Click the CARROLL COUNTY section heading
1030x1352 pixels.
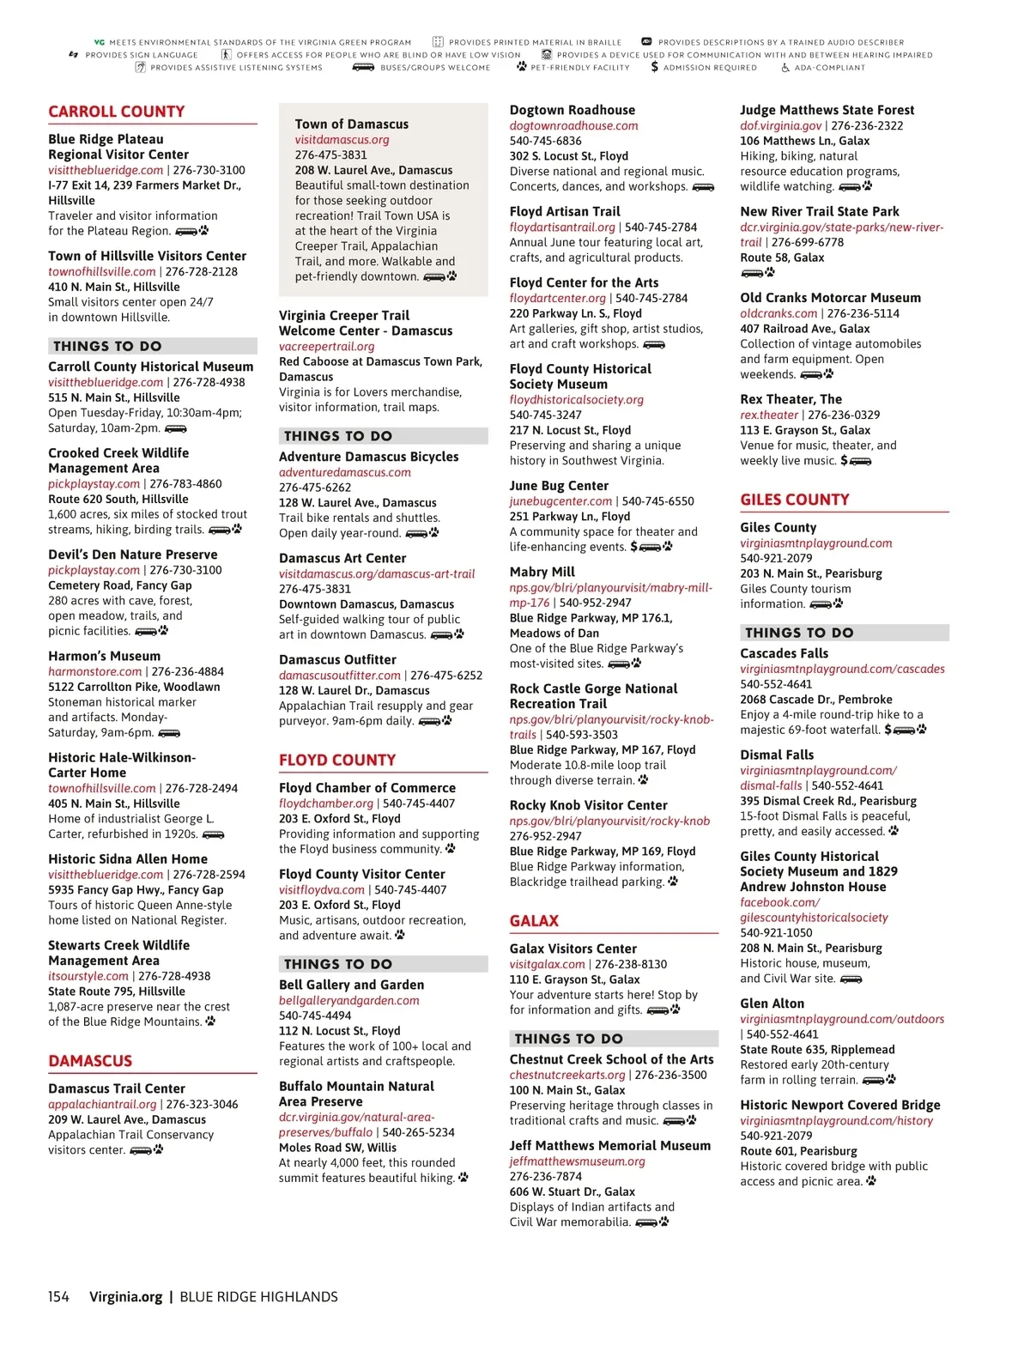pos(117,112)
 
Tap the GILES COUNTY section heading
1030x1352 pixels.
pos(795,500)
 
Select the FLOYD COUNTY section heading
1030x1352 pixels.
pos(337,760)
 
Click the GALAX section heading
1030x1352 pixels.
pos(534,921)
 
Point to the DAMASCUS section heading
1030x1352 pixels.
pos(90,1061)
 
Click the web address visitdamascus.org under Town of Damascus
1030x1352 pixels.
pos(342,140)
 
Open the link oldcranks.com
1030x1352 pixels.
pos(779,313)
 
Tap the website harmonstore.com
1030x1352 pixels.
pos(94,671)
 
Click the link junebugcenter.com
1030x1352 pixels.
pos(560,501)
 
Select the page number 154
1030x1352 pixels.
pos(58,1297)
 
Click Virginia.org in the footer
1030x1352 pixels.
pos(125,1297)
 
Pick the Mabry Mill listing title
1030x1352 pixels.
pos(542,572)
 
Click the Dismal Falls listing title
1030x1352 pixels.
pos(777,755)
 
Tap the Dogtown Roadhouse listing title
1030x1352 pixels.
pos(573,110)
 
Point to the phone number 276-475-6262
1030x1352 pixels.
pos(315,488)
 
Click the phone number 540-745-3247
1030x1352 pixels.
pos(546,415)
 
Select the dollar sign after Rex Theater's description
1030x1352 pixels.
pos(844,461)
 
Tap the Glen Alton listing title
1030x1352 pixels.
pos(772,1003)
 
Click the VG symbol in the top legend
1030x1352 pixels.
pos(99,42)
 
